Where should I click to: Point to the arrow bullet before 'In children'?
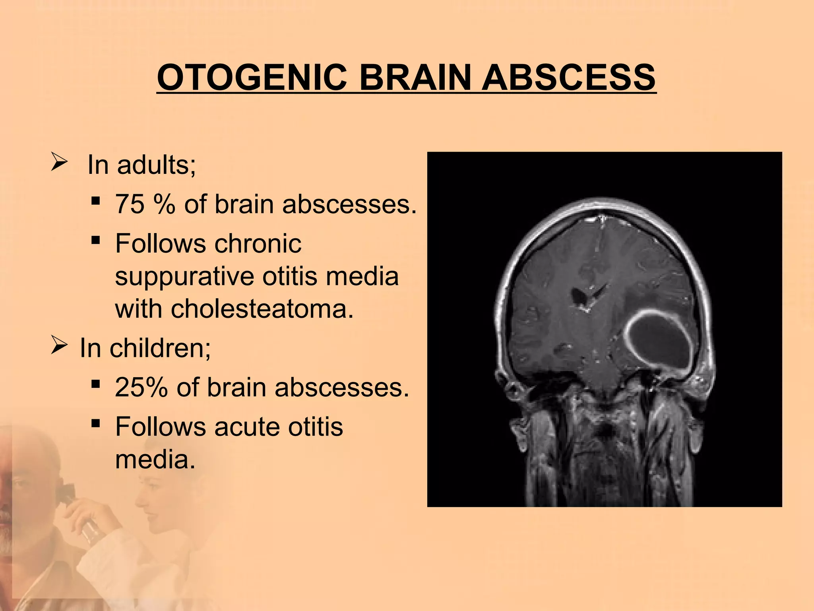point(59,346)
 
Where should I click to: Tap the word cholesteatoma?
point(234,309)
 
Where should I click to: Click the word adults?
point(156,165)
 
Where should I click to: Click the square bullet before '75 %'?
point(95,201)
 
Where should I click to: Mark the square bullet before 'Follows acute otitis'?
point(95,424)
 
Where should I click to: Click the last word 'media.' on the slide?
point(155,459)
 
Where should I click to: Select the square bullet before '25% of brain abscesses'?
point(95,384)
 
